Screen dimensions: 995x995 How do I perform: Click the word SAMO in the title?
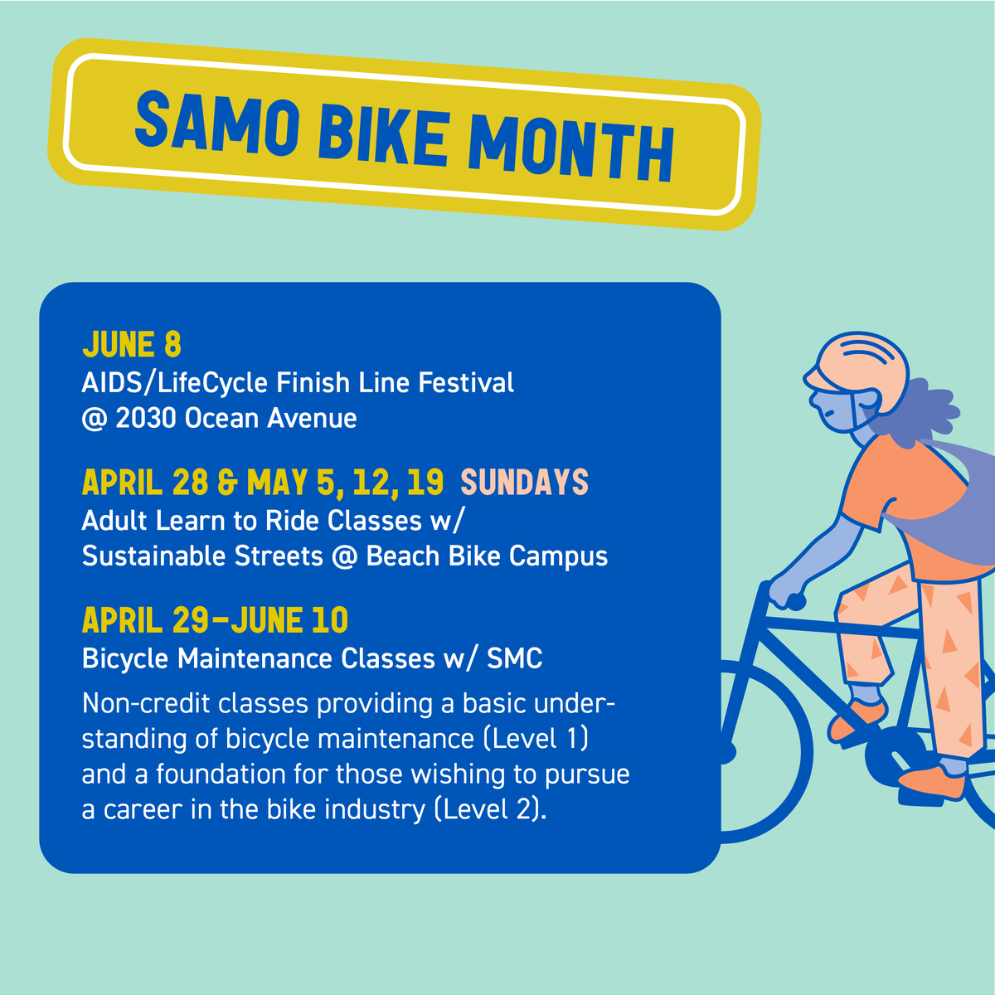point(216,124)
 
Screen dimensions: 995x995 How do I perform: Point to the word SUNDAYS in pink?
point(524,483)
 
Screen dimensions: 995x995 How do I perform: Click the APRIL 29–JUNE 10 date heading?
point(215,620)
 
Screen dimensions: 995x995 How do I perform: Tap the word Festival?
point(466,383)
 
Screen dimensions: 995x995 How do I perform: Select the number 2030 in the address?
point(146,418)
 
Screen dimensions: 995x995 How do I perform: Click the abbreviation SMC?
point(514,658)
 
